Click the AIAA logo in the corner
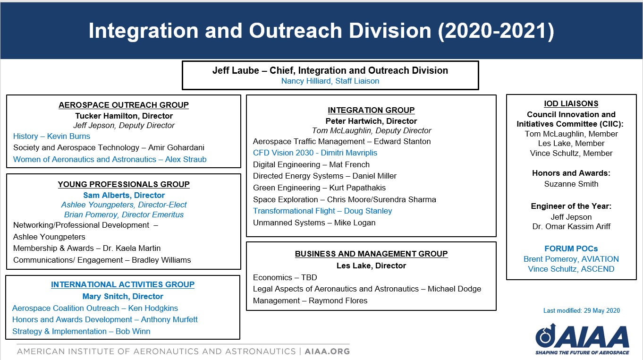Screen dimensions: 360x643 (x=582, y=337)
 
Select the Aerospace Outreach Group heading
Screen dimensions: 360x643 (x=124, y=105)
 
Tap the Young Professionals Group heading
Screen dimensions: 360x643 (x=124, y=185)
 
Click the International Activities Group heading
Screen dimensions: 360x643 (x=123, y=285)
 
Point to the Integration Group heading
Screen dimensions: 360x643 (x=371, y=111)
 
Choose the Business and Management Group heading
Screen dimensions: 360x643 (x=371, y=254)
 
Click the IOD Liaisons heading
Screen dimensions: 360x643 (x=571, y=104)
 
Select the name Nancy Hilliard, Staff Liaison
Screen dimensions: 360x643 (x=330, y=81)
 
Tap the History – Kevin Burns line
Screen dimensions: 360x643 (x=51, y=137)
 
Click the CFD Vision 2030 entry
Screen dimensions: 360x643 (x=315, y=153)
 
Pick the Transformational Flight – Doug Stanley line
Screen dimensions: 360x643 (x=322, y=211)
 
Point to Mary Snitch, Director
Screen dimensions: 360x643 (x=123, y=297)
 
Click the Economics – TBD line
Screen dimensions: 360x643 (x=285, y=277)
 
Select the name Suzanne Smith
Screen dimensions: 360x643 (x=571, y=184)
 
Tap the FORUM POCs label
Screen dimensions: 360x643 (x=571, y=249)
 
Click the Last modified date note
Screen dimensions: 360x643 (x=581, y=311)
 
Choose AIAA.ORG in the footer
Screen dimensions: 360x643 (x=327, y=351)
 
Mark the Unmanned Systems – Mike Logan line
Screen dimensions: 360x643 (x=314, y=223)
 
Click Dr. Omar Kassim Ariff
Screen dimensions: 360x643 (x=571, y=227)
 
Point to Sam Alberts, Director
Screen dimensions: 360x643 (x=124, y=196)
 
